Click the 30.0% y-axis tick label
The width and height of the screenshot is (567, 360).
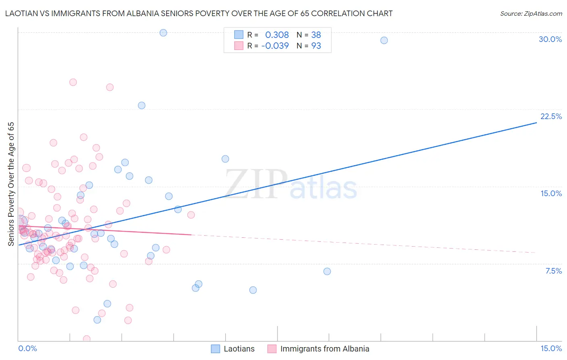tap(550, 39)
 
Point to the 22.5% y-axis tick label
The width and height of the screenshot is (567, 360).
tap(551, 116)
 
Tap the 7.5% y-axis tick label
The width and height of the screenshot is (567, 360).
tap(553, 271)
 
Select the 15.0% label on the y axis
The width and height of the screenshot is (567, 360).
tap(551, 193)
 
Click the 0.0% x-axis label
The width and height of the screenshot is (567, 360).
tap(27, 348)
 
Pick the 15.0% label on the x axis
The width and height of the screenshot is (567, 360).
tap(551, 348)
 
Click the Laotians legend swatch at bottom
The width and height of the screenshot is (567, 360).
tap(216, 349)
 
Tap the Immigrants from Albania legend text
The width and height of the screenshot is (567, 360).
tap(325, 349)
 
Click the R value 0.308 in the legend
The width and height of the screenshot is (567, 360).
tap(277, 35)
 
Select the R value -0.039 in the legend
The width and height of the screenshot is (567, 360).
tap(275, 46)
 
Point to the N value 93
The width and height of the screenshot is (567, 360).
tap(316, 46)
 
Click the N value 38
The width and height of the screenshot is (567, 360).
tap(316, 35)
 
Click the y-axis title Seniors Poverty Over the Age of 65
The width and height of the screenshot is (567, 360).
tap(11, 184)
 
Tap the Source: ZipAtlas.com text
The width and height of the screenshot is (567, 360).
tap(531, 14)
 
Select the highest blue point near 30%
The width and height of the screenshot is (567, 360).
tap(163, 33)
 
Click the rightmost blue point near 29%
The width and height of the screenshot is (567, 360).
tap(384, 40)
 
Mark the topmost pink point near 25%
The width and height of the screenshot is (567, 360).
tap(73, 82)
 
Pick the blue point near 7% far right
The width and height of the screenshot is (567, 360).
tap(327, 271)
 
